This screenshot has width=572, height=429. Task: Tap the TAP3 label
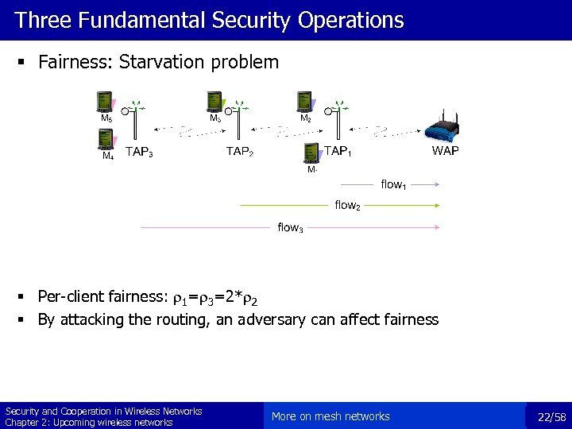click(140, 152)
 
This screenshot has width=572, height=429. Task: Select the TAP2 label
click(240, 152)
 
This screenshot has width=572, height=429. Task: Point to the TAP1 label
click(338, 151)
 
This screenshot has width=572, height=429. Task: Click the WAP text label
click(445, 151)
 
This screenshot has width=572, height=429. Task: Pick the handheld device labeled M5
click(103, 102)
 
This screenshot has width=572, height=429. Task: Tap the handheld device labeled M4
click(104, 139)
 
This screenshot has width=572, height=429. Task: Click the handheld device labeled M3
click(213, 102)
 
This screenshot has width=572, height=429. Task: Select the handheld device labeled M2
click(303, 102)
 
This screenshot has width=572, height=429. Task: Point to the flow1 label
click(393, 184)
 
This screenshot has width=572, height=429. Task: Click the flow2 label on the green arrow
click(347, 205)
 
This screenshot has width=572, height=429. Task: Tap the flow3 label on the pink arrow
click(289, 228)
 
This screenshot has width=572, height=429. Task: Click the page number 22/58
click(551, 416)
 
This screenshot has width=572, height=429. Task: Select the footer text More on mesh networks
click(330, 416)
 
